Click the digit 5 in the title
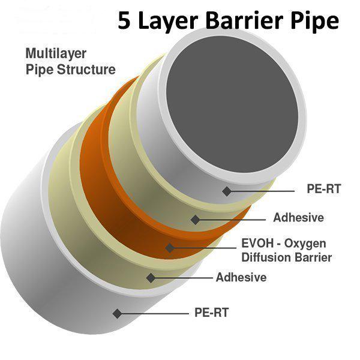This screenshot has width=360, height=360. pos(124,20)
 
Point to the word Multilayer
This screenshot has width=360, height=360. pos(56,54)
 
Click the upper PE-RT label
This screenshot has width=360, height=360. pos(324,189)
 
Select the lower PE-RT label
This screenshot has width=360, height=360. pos(211,312)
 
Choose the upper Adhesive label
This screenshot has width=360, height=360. pos(298,217)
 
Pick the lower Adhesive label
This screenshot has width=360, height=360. pos(241,277)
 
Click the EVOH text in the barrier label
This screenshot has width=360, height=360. pos(257,243)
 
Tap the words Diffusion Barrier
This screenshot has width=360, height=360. pos(287,257)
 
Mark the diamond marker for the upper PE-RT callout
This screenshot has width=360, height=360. pos(227,191)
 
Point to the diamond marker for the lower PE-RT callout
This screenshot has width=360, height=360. pos(118,313)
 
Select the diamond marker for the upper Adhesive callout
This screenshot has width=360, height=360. pos(196,220)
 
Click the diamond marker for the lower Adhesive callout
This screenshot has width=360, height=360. pos(151,278)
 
